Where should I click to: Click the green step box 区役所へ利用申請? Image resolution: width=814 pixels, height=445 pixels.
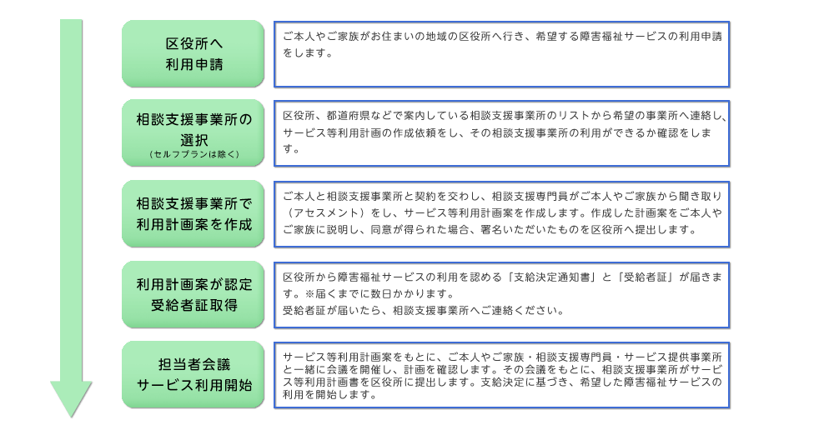click(193, 53)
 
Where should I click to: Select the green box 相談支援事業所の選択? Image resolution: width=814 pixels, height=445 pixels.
click(193, 132)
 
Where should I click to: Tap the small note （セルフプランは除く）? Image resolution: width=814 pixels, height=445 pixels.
click(193, 154)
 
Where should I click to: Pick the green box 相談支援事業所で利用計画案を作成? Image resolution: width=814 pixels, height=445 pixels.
click(193, 213)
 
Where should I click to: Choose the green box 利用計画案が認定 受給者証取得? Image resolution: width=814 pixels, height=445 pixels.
click(193, 295)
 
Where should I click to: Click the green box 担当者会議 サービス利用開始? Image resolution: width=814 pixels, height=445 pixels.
click(193, 374)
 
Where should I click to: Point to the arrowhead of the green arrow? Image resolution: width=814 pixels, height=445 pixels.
click(71, 417)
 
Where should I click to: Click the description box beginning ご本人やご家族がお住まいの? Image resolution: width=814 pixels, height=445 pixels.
click(501, 54)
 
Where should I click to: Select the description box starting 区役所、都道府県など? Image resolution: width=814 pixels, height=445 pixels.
click(501, 133)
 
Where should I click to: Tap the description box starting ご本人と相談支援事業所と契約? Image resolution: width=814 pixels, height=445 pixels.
click(501, 214)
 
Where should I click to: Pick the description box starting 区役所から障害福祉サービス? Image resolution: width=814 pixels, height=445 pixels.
click(501, 295)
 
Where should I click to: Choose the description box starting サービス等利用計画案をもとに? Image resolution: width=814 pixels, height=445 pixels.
click(501, 375)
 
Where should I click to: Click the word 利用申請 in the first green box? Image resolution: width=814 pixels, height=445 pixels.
click(194, 64)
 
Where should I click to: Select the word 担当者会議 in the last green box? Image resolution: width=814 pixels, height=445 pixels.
click(194, 364)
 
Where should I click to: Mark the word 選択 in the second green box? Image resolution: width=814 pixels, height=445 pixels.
click(194, 140)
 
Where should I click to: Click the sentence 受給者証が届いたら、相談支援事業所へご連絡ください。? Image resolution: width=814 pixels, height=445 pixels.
click(423, 310)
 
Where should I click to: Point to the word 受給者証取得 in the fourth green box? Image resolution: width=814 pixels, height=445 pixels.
click(194, 305)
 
